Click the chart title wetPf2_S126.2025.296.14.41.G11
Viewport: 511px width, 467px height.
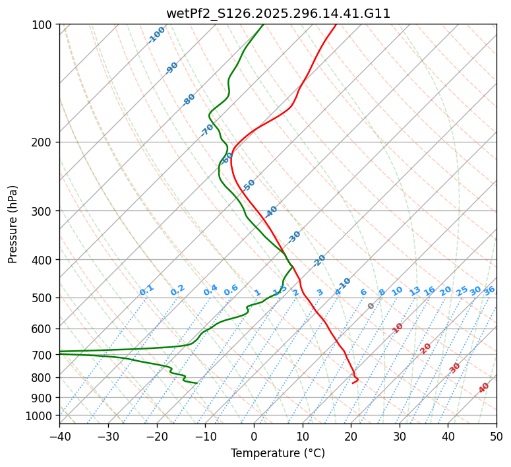(x=278, y=13)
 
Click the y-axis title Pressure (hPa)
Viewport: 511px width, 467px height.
(x=13, y=224)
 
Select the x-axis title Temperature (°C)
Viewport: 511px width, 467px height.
(x=278, y=453)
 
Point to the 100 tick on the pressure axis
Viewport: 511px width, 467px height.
(x=44, y=25)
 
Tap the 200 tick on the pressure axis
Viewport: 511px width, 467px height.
(x=44, y=142)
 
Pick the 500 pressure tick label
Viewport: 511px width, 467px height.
(x=44, y=298)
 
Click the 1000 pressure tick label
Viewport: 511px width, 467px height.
(x=41, y=416)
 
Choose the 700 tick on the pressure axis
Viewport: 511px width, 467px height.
(x=44, y=356)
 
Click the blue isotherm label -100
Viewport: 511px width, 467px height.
(x=157, y=35)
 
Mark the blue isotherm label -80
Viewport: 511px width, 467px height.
(x=189, y=100)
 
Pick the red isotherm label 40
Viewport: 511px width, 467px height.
(x=484, y=388)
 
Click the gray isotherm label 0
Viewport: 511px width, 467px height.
(x=371, y=306)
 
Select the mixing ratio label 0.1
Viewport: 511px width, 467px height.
(x=147, y=290)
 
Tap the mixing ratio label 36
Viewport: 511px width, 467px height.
(x=489, y=290)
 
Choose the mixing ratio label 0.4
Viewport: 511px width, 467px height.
(x=210, y=290)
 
